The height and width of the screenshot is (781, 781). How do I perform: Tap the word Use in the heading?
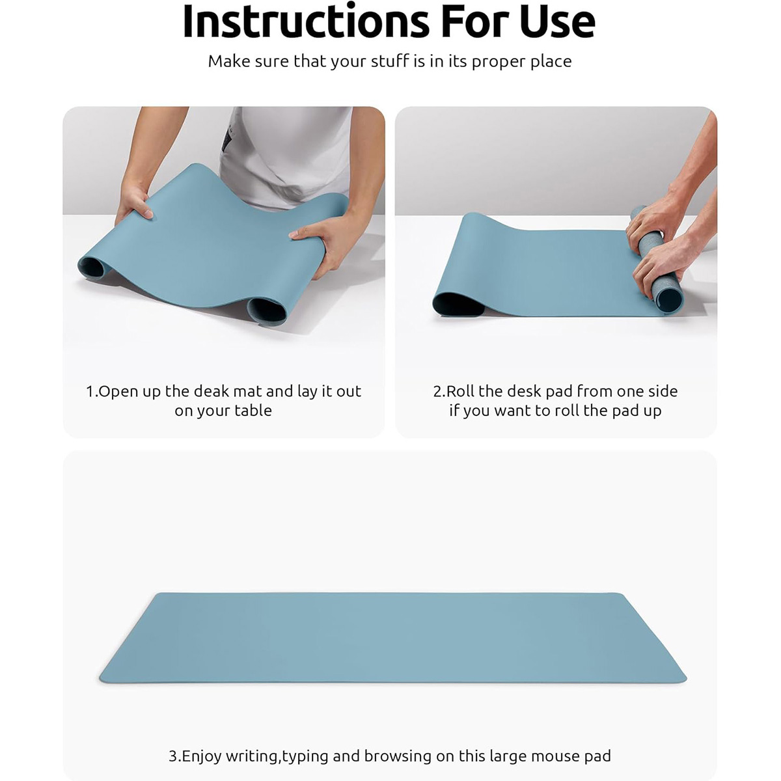click(558, 21)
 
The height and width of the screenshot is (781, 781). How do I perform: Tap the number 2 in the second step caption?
click(437, 392)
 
